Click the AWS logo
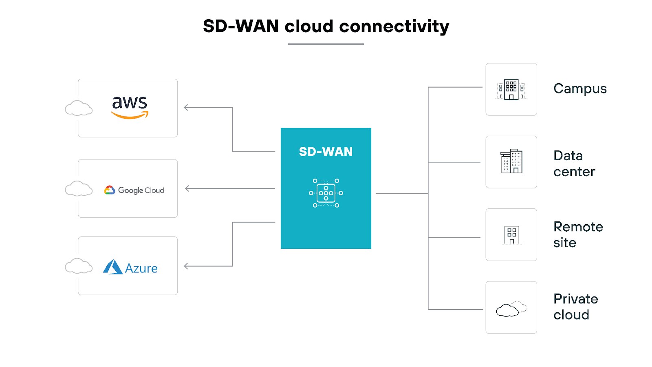130,107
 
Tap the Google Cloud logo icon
109,190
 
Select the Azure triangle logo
112,267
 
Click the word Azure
141,268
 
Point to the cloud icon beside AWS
79,108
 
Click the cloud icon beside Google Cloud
79,188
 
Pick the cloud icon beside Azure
79,266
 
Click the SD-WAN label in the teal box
326,152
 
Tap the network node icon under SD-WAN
326,193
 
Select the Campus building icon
511,89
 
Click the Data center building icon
511,161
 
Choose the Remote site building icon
511,234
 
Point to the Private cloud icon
511,309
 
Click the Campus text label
580,89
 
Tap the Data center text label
574,164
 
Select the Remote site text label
578,234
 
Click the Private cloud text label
575,307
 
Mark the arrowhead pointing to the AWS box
186,108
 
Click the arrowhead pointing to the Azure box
186,266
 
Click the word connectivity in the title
394,27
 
